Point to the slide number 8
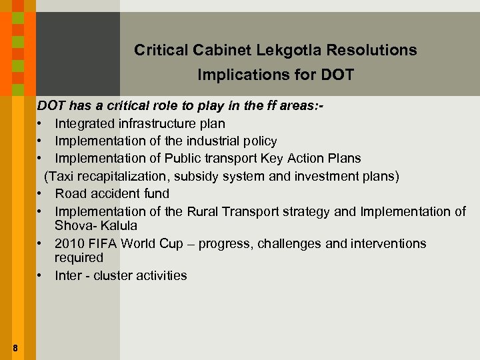point(15,347)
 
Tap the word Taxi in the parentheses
point(61,176)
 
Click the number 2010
point(69,243)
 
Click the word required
point(79,257)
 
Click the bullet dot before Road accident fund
point(41,194)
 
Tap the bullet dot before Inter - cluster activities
point(41,276)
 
